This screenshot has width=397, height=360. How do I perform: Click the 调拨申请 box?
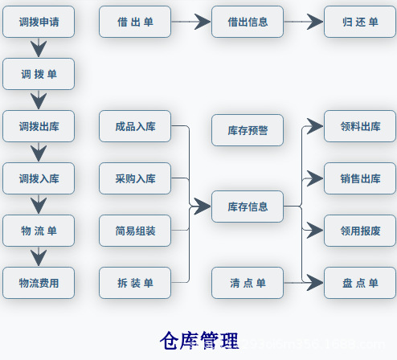(38, 22)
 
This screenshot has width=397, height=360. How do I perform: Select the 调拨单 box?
(38, 74)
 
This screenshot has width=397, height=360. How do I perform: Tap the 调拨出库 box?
(38, 126)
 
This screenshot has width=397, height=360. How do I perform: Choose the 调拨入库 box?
(38, 178)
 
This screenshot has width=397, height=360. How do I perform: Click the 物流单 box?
(38, 231)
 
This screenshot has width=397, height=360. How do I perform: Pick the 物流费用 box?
(38, 283)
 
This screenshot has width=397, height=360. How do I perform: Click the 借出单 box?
(135, 22)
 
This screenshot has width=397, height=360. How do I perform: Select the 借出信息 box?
(248, 22)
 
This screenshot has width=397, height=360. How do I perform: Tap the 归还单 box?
(360, 22)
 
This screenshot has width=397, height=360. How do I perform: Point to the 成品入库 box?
(135, 126)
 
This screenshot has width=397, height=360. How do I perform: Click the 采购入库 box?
(135, 178)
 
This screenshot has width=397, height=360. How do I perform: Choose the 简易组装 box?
(135, 231)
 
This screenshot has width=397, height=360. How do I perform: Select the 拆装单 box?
(135, 283)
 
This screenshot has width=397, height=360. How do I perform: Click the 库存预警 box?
(248, 130)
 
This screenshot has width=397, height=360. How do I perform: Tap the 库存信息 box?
(248, 207)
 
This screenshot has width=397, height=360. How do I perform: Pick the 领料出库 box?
(360, 126)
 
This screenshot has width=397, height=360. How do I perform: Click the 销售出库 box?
(360, 178)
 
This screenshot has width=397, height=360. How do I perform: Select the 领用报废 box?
(360, 231)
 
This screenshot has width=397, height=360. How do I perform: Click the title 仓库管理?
(198, 340)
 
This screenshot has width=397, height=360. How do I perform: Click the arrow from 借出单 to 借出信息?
(190, 22)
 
